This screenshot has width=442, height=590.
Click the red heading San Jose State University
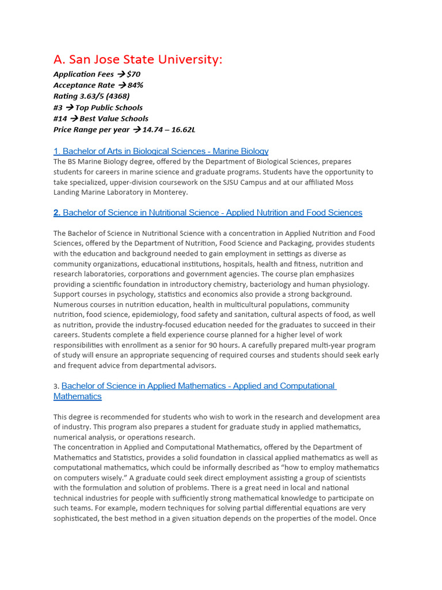pos(138,59)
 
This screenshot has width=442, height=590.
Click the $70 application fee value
pos(134,74)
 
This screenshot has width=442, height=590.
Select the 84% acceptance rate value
pos(135,85)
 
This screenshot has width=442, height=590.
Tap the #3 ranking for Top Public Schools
pos(58,108)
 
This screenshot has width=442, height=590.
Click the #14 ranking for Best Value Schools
pos(60,119)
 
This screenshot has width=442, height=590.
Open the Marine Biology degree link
pos(161,151)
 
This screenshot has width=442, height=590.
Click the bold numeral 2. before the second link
pos(57,213)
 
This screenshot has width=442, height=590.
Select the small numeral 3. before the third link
pos(56,387)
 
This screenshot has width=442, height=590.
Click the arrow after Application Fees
pos(121,74)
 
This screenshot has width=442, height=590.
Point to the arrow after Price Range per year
pos(136,130)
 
